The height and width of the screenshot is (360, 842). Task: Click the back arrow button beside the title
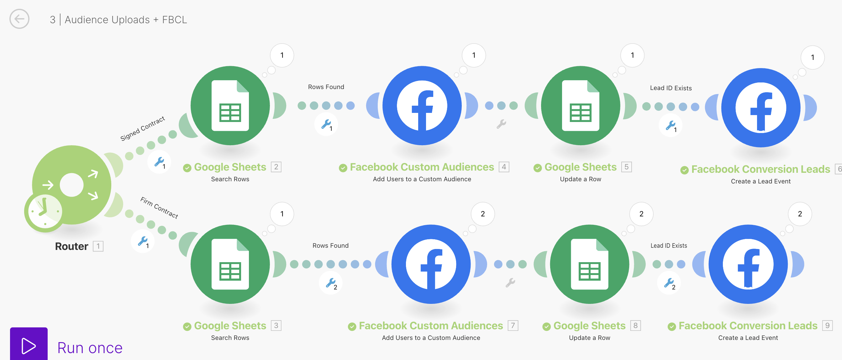point(19,19)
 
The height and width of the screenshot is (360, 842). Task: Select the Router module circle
point(71,185)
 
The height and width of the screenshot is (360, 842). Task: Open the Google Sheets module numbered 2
point(230,106)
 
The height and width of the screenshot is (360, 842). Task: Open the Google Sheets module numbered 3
point(230,264)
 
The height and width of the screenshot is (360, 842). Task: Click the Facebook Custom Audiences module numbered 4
point(422,106)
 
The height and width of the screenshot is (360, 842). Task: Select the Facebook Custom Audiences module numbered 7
point(431,264)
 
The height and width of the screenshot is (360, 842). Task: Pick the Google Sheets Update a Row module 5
point(581,106)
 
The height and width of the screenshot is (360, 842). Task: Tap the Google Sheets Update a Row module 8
point(589,264)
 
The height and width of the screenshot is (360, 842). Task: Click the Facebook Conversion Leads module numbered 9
point(748,264)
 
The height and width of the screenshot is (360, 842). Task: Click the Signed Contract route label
point(143,128)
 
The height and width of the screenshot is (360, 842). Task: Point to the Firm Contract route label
point(159,208)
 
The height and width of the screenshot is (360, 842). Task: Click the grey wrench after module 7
point(510,283)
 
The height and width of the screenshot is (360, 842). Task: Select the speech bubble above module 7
point(482,214)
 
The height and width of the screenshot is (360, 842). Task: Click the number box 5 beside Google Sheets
point(626,167)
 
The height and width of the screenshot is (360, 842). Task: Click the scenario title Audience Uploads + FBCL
point(126,20)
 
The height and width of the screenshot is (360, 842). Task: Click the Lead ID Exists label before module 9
point(668,246)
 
